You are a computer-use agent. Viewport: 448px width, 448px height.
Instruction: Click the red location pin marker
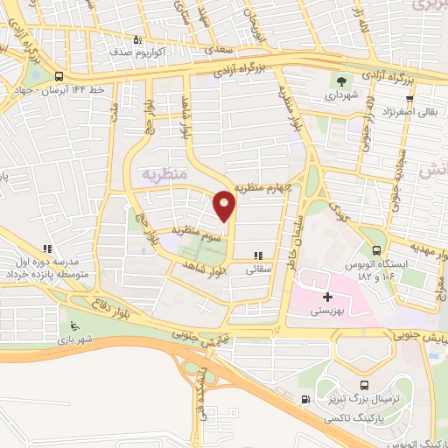click(225, 206)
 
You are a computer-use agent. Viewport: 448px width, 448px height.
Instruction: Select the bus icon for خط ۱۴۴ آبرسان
click(58, 76)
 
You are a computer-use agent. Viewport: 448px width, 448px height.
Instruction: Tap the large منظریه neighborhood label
click(164, 173)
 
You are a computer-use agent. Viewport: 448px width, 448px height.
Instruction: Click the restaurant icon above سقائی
click(257, 257)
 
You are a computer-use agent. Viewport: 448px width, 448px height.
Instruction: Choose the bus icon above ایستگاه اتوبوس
click(377, 235)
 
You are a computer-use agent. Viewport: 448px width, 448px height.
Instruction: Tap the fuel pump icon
click(304, 400)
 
